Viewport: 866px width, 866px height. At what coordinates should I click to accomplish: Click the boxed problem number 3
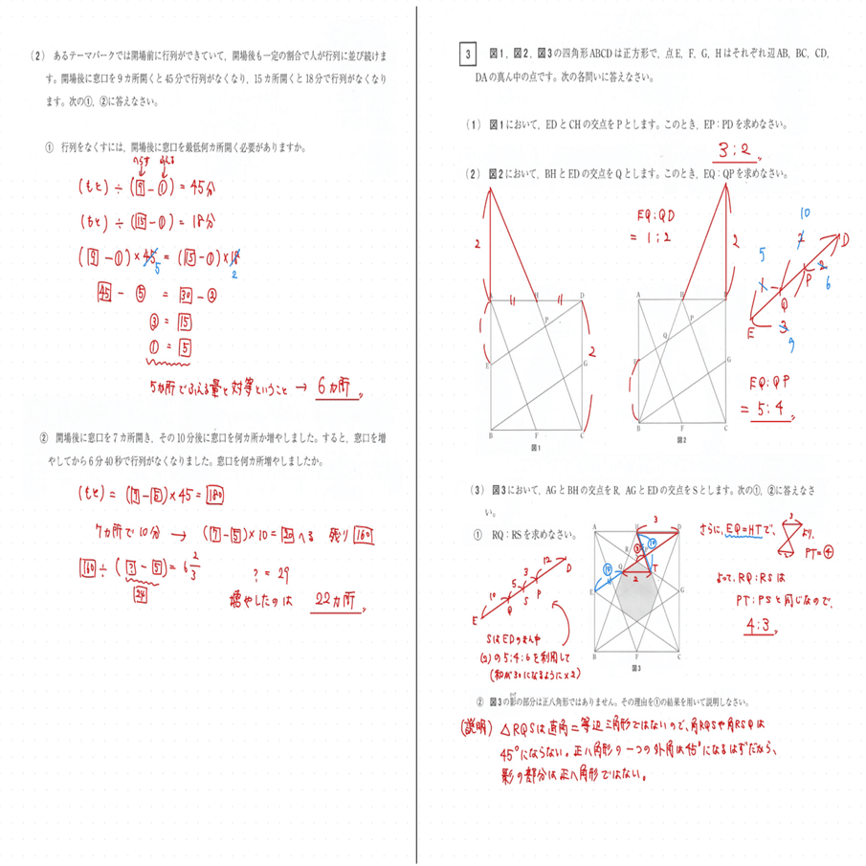[467, 56]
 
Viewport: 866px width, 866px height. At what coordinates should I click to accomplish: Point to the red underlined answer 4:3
[761, 627]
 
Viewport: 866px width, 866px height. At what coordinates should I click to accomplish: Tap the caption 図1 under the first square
[536, 447]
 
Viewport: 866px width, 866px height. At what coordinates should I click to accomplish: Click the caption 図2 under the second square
[682, 447]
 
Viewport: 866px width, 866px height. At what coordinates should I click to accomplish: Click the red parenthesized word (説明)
[482, 725]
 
